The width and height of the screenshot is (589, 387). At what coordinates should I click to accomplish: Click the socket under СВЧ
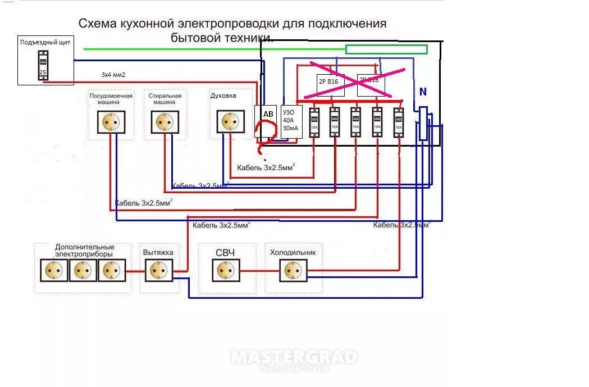pos(227,271)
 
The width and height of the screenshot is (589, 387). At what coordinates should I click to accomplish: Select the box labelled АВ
pos(268,114)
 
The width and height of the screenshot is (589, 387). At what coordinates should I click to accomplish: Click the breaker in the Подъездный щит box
pos(43,65)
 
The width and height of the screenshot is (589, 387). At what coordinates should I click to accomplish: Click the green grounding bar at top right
pos(386,49)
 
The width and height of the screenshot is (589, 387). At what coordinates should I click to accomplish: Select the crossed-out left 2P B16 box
pos(330,84)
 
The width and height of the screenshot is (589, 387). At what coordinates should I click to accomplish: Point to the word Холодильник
pos(293,252)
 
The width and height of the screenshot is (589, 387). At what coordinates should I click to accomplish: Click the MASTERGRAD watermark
pos(294,358)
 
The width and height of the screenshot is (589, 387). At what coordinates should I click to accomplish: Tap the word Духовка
pos(223,95)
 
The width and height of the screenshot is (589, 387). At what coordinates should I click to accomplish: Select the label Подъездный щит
pos(45,42)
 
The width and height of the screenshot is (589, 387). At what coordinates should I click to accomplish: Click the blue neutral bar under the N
pos(423,122)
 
